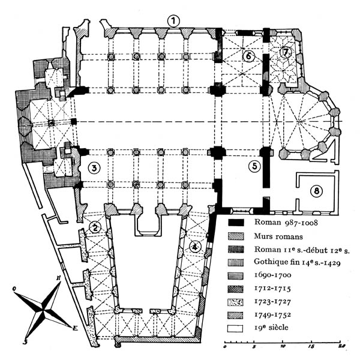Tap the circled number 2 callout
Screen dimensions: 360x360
click(95, 227)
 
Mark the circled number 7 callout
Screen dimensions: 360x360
click(286, 53)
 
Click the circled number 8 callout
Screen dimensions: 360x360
click(316, 192)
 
